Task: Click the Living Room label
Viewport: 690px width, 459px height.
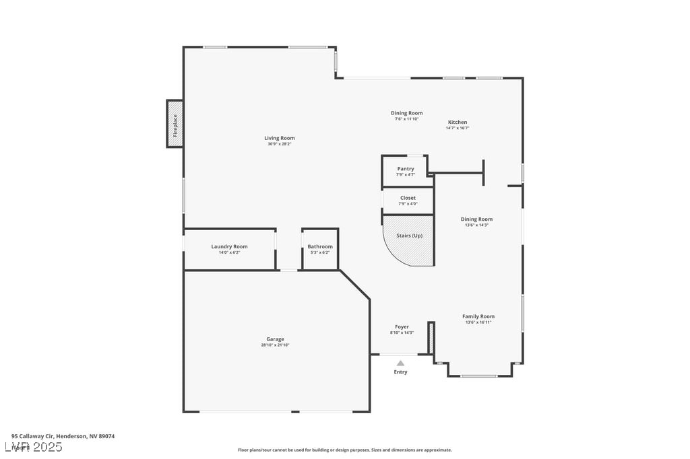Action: [x=279, y=138]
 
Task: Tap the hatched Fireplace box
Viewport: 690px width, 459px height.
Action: [x=175, y=124]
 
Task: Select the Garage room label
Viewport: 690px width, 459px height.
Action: [x=275, y=339]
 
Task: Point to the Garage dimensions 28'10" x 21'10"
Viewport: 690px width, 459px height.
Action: [x=275, y=345]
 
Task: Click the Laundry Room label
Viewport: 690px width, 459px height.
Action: [x=229, y=246]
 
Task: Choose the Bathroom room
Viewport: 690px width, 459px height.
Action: [x=320, y=249]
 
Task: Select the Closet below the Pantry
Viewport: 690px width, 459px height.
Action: [x=408, y=201]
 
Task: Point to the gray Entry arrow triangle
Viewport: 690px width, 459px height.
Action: [x=400, y=363]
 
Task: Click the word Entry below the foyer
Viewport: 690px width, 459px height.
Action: [x=400, y=372]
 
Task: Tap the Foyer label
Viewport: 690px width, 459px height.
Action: [x=402, y=327]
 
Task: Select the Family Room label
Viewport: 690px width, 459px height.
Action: [x=478, y=316]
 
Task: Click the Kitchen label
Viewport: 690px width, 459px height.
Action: [x=458, y=122]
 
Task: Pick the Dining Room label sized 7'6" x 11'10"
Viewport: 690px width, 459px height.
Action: [x=407, y=113]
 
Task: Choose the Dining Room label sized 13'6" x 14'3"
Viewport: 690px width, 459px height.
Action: [x=476, y=219]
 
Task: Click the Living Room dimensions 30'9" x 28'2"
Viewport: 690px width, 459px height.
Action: [x=279, y=144]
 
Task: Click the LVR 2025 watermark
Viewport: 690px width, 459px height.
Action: [x=34, y=447]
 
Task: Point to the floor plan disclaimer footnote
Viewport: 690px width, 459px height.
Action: [x=345, y=450]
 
